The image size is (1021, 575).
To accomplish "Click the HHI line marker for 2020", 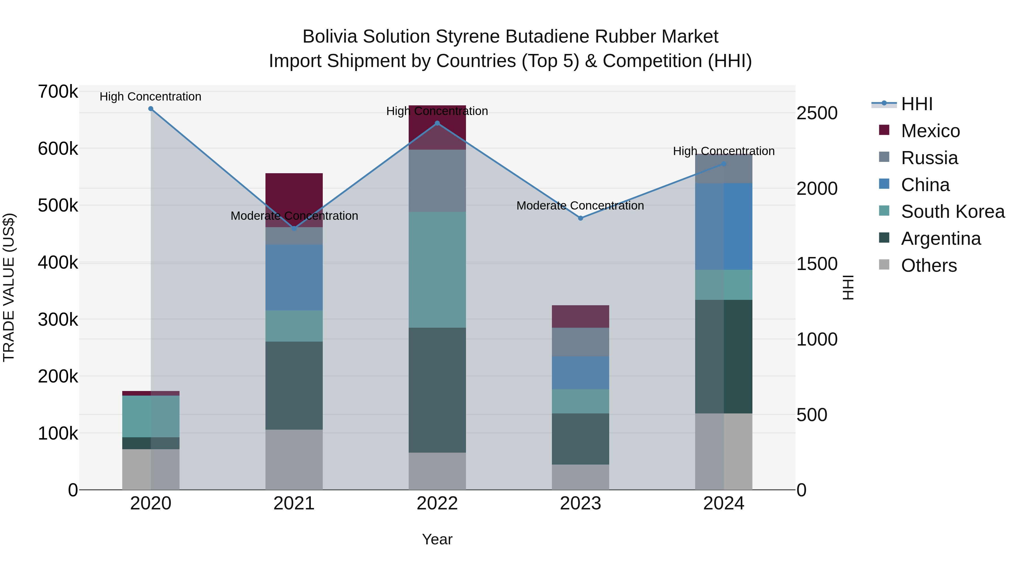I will [x=151, y=109].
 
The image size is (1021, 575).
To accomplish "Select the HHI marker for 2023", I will [x=581, y=218].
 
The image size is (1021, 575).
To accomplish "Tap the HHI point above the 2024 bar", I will [x=724, y=164].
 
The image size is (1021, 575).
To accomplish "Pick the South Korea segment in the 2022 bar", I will [x=437, y=270].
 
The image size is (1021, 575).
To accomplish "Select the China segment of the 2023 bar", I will [x=581, y=373].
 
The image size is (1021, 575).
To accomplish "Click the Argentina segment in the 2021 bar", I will [x=294, y=386].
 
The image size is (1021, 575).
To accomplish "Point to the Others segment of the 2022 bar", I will [x=437, y=471].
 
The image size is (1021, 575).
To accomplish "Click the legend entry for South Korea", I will [x=953, y=212].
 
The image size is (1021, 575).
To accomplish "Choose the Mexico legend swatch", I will [x=884, y=130].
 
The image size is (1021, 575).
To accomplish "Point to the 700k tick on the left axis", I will [x=58, y=92].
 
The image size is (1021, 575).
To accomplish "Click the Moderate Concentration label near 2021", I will [x=294, y=216].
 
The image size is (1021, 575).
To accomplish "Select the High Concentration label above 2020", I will [x=151, y=97].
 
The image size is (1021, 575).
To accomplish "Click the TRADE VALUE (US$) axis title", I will [x=9, y=287].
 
